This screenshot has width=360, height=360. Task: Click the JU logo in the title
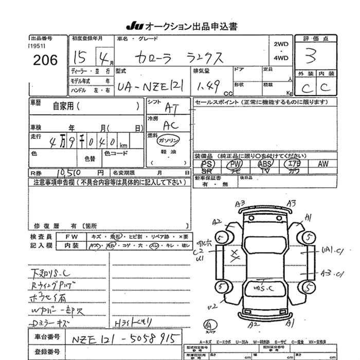[134, 26]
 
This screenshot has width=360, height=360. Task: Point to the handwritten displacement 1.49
[208, 87]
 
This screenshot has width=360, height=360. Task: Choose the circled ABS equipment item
[265, 164]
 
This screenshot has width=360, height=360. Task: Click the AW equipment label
[322, 164]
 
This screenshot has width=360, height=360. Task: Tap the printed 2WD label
[281, 45]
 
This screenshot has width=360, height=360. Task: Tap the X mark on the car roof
[236, 254]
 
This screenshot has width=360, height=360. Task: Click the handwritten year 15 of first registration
[79, 56]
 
